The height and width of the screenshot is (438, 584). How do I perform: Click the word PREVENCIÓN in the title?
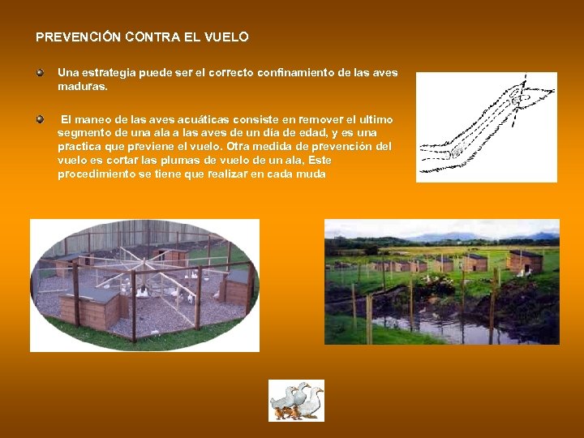78,37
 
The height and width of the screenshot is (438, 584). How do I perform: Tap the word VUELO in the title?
227,37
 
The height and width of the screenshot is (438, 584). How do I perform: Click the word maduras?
81,85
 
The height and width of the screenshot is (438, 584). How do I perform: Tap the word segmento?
84,132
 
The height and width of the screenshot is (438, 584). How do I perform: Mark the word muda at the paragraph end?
311,174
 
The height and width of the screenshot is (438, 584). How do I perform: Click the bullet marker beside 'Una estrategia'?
40,72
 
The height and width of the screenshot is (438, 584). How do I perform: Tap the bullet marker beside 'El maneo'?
40,119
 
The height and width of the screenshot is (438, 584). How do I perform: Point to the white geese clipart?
296,401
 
